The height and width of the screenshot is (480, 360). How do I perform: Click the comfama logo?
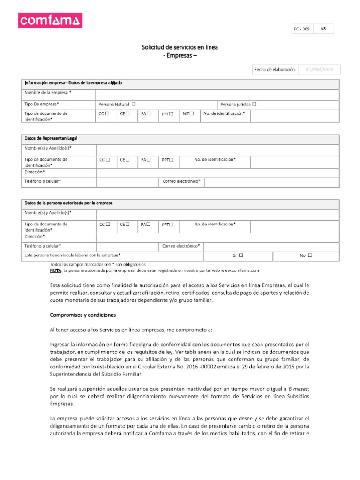click(50, 20)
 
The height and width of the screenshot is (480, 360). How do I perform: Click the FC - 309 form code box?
click(301, 29)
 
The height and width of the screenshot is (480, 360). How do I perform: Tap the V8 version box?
click(323, 29)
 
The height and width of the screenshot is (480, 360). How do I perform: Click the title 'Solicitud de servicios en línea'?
click(180, 47)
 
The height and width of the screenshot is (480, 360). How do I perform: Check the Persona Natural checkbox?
click(134, 104)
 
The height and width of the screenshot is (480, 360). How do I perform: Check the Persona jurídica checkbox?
click(254, 104)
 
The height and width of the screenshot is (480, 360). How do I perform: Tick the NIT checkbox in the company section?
click(191, 113)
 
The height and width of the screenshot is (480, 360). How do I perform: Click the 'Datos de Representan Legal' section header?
click(51, 139)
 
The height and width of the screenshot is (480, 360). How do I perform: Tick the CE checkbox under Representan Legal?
click(127, 159)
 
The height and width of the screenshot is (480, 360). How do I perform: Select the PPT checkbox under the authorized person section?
click(171, 225)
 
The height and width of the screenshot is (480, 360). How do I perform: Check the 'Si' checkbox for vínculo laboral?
click(240, 255)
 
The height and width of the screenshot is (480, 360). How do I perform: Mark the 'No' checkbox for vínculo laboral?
click(310, 255)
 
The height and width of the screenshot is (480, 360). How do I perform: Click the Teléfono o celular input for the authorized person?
click(126, 246)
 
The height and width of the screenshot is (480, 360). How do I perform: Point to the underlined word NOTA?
click(55, 270)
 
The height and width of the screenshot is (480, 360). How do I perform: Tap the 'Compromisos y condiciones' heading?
click(83, 315)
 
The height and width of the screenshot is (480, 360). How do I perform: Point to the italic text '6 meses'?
click(299, 389)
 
